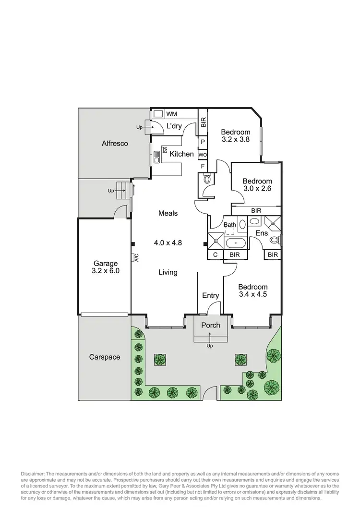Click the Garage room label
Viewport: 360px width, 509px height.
(x=106, y=263)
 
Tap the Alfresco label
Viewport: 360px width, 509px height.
(x=115, y=143)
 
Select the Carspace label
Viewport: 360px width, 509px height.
(x=105, y=357)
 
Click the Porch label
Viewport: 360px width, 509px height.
(x=210, y=325)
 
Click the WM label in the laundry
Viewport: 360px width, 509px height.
(x=171, y=114)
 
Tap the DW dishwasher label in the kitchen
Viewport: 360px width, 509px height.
(x=164, y=150)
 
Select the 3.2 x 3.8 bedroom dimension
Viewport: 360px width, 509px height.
(x=235, y=140)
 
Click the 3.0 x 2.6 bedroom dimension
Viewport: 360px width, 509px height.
(x=257, y=189)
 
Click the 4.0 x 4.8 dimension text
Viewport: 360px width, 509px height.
(x=168, y=242)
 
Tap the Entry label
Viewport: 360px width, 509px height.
(x=210, y=296)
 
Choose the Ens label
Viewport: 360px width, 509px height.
(x=261, y=233)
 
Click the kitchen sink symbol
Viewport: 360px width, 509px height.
(x=157, y=157)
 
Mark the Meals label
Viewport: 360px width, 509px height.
(x=168, y=213)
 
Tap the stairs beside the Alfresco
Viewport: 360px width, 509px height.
(x=124, y=191)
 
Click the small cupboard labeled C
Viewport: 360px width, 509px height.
(x=215, y=254)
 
